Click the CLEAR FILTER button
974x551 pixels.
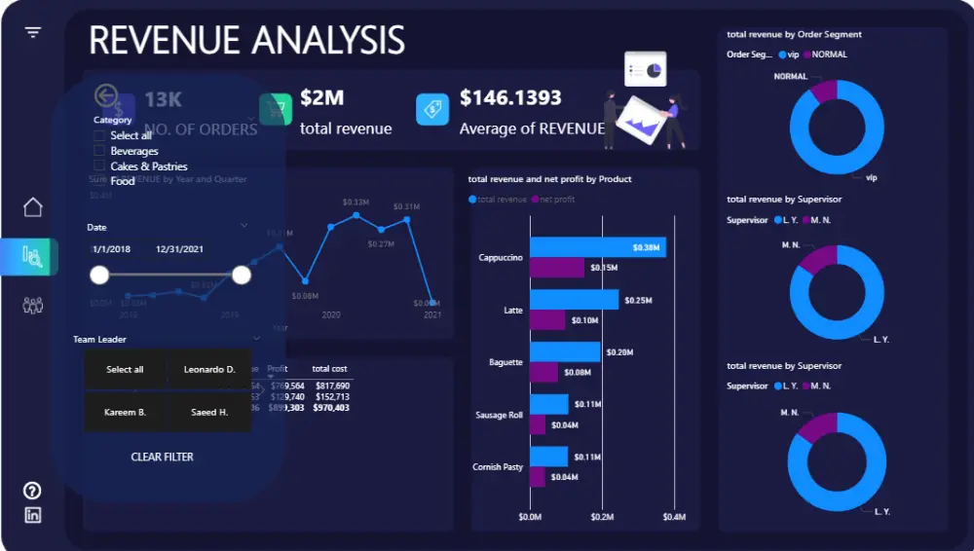pos(162,457)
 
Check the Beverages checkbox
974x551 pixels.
pos(99,151)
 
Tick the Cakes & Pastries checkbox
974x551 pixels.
pos(99,166)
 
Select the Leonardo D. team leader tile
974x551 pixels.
pos(209,370)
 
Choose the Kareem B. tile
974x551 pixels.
pos(125,413)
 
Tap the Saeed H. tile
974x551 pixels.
pos(209,413)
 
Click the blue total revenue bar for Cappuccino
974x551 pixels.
pos(597,247)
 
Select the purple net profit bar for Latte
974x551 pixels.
pos(547,320)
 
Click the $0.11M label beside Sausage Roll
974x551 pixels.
pos(587,404)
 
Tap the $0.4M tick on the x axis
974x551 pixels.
pos(673,517)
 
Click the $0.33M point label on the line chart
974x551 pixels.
pos(356,202)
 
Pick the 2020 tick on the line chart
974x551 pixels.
pos(331,315)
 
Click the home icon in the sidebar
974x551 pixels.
pos(33,207)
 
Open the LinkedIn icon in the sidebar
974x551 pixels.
pos(33,516)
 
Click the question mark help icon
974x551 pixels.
pos(33,491)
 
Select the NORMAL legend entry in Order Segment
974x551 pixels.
pos(829,55)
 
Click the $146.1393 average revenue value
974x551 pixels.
pos(510,98)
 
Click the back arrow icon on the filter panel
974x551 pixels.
pos(105,95)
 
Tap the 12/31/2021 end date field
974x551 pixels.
pos(180,249)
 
